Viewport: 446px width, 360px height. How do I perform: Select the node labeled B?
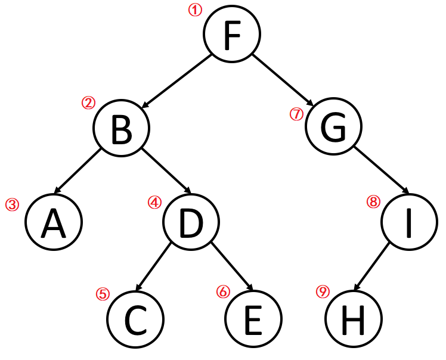click(x=122, y=129)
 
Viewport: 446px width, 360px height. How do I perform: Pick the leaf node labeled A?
click(x=54, y=222)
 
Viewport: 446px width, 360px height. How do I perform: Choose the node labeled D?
click(x=191, y=222)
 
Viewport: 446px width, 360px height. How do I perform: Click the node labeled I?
click(x=409, y=222)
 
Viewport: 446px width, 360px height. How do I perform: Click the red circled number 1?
click(x=195, y=10)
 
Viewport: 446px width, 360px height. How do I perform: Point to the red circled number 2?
click(x=88, y=103)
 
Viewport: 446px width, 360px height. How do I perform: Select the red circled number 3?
click(x=12, y=204)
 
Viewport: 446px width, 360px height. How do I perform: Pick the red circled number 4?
click(x=155, y=202)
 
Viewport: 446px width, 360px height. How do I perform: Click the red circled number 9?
click(x=323, y=292)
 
